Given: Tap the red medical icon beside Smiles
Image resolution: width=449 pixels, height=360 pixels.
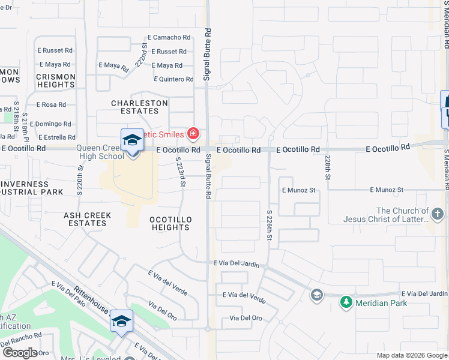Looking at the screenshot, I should (x=193, y=133).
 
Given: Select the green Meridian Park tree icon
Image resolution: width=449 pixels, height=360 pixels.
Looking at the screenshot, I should (x=345, y=302).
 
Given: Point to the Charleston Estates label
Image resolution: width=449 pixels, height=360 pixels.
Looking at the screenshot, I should (x=139, y=107).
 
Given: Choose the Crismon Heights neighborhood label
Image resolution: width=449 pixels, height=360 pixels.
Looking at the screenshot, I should (x=55, y=81).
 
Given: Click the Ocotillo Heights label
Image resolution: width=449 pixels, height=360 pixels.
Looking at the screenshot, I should (x=170, y=223).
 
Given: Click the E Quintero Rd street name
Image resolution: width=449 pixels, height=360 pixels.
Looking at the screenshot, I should (x=173, y=79).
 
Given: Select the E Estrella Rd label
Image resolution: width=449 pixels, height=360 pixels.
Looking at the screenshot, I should (x=54, y=137).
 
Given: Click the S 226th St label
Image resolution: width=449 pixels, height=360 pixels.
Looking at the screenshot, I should (x=270, y=226).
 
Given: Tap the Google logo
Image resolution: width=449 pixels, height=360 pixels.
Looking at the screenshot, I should (x=20, y=353).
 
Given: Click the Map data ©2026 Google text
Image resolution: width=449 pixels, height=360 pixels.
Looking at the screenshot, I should (x=411, y=355).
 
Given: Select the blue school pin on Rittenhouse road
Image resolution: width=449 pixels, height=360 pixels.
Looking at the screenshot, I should (x=121, y=322).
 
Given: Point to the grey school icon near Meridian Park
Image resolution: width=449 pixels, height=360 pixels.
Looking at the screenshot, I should (x=316, y=294).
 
